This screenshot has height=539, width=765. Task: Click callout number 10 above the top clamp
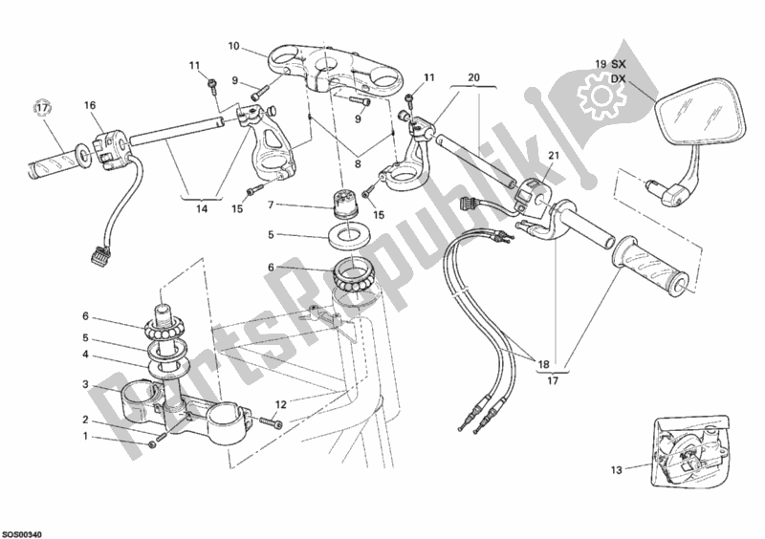click(x=234, y=45)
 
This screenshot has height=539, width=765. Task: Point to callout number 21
click(x=553, y=157)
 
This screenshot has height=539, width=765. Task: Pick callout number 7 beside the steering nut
click(x=272, y=205)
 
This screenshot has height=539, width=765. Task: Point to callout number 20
click(x=474, y=77)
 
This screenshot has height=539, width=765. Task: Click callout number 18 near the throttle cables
click(x=543, y=363)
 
